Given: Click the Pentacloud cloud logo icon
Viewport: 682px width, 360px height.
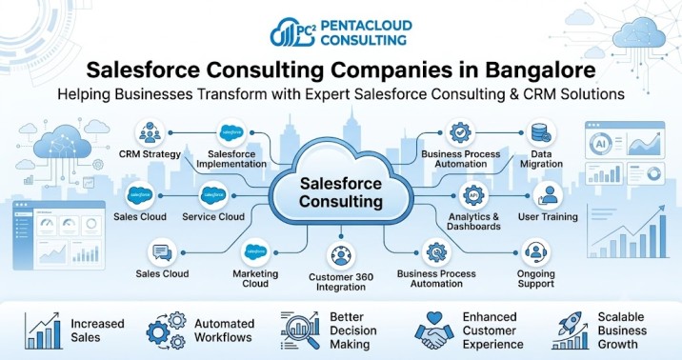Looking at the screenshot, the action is (292, 32).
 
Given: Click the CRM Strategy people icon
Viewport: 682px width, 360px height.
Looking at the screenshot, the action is (150, 132).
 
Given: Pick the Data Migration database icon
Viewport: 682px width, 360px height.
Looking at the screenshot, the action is (541, 133).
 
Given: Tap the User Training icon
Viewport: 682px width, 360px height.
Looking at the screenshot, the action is (548, 195).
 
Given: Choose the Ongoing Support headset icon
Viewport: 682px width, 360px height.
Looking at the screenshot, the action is (536, 252).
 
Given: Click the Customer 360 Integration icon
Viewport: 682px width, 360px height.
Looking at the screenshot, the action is (341, 256).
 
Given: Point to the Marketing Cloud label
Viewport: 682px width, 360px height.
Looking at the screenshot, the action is (255, 279).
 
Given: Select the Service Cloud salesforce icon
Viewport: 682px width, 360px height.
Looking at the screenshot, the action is (213, 195).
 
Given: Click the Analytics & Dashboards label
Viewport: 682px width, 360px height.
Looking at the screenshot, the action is (473, 221).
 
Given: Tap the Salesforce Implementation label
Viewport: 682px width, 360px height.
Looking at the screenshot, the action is (231, 159).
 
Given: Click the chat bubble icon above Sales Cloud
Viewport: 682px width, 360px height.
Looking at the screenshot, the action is (162, 252).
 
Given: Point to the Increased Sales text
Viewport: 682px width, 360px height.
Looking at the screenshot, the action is (97, 330).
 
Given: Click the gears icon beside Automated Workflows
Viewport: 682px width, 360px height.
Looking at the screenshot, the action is (166, 330).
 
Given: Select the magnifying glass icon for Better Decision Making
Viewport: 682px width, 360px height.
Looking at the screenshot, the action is (300, 330).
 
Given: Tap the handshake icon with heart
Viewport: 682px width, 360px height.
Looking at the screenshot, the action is (434, 330).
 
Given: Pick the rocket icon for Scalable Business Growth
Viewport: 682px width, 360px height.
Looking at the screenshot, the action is (570, 330).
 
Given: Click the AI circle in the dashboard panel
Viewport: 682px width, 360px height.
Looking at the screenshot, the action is (601, 143).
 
